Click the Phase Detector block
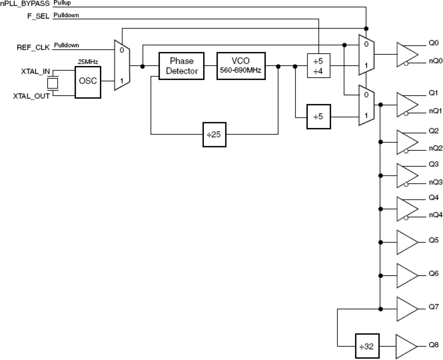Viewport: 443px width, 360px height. (181, 66)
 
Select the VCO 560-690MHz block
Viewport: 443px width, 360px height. (241, 66)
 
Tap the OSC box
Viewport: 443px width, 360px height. (88, 81)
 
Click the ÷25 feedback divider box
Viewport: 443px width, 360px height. (214, 134)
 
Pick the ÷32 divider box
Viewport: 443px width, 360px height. (367, 346)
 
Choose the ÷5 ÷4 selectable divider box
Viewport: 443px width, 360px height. (318, 66)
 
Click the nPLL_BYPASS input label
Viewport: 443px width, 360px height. (25, 4)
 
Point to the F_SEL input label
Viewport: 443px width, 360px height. (38, 16)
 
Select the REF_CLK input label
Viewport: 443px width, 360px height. (33, 47)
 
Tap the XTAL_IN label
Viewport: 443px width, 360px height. (35, 72)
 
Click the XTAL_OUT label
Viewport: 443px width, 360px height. (31, 96)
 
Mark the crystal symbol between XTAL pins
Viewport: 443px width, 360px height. (53, 83)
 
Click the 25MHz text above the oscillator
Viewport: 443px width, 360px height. (88, 62)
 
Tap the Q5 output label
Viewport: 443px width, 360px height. (433, 240)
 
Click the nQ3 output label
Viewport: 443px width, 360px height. (435, 182)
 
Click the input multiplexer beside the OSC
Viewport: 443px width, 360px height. (122, 65)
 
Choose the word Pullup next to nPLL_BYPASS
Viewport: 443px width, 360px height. (62, 3)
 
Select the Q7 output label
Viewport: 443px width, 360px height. (433, 306)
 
